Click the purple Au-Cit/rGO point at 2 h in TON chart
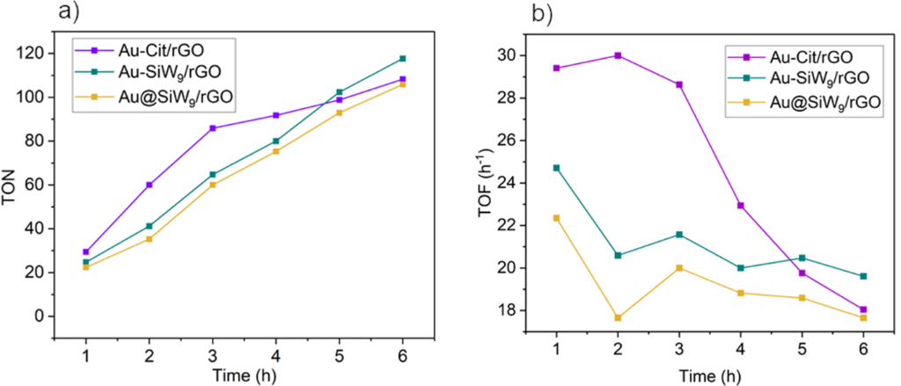(x=150, y=185)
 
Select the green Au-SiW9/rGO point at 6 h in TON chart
(x=402, y=59)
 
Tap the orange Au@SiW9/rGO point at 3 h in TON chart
(x=213, y=185)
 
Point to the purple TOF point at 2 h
(x=619, y=55)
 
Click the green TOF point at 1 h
(x=556, y=168)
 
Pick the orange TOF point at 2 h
(x=619, y=317)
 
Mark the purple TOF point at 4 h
(x=741, y=206)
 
